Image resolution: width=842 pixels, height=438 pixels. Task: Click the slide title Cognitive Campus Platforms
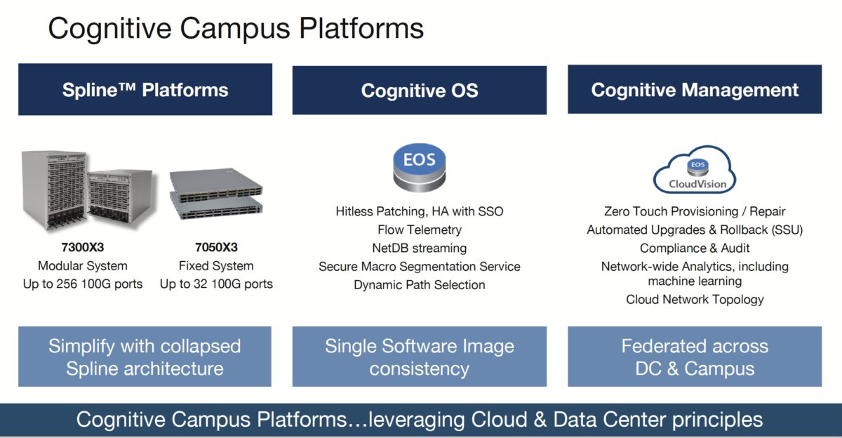(x=236, y=29)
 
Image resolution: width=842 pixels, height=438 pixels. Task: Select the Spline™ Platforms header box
(x=145, y=90)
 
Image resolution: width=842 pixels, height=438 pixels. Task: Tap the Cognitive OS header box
(x=419, y=91)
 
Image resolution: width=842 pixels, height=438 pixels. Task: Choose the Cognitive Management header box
(x=694, y=90)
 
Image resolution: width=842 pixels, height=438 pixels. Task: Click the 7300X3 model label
(x=83, y=248)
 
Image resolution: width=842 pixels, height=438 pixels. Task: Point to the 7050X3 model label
(x=216, y=248)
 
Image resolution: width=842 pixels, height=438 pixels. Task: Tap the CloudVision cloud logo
(x=694, y=171)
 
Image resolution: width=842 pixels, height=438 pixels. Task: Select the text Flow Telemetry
(x=419, y=230)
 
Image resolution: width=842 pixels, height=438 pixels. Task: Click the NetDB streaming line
(x=419, y=248)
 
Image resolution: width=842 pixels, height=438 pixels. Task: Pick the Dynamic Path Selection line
(x=419, y=285)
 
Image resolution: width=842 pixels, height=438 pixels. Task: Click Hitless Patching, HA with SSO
(x=419, y=211)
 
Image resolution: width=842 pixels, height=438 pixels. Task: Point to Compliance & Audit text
(x=694, y=248)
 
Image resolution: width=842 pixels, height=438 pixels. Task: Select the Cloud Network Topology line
(x=694, y=300)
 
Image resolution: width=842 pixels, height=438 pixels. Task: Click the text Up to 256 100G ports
(x=83, y=284)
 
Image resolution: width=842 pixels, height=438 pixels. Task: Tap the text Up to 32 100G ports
(x=216, y=284)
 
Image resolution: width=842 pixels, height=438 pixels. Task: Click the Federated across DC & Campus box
(x=694, y=357)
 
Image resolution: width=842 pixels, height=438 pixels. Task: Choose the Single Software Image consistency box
(x=419, y=357)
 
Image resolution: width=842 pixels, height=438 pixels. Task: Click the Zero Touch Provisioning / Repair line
(x=694, y=211)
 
